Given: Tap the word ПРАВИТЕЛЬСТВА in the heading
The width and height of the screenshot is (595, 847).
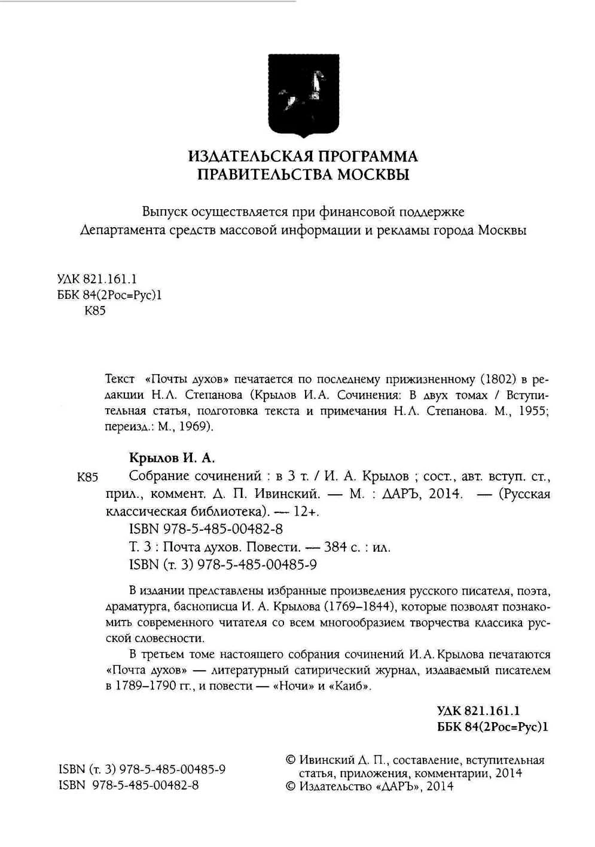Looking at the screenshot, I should [265, 175].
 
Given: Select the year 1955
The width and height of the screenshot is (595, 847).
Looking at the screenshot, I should [532, 411].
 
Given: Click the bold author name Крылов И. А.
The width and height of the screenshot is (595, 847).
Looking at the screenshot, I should [172, 458].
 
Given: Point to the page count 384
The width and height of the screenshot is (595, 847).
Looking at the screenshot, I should [337, 547].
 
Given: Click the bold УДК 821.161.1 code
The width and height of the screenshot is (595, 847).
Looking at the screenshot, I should [478, 710].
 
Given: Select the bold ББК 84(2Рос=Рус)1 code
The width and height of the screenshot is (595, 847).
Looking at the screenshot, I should [493, 727].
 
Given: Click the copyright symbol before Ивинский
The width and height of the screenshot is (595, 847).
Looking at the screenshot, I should [291, 760].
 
